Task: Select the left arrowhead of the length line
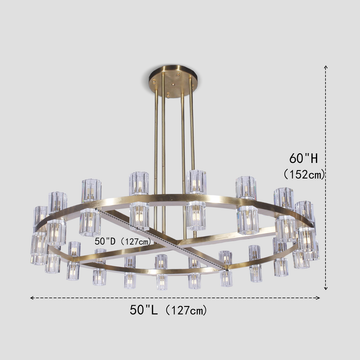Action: point(31,297)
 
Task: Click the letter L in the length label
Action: point(153,310)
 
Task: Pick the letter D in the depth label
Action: point(108,240)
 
